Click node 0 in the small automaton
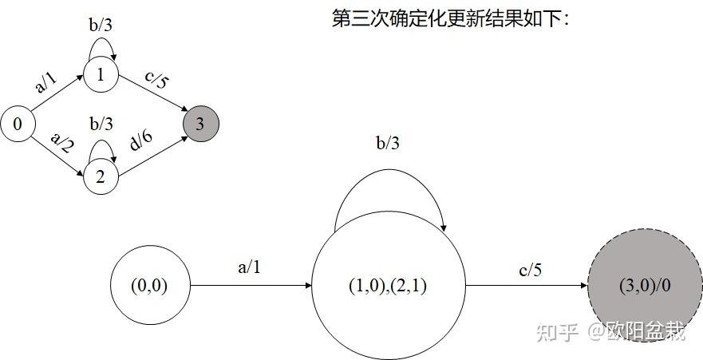coord(18,125)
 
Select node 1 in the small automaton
coord(101,75)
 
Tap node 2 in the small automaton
coord(101,176)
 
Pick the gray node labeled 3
coord(199,125)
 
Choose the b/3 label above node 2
coord(101,124)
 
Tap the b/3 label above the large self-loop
coord(387,144)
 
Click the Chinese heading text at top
coord(451,18)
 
